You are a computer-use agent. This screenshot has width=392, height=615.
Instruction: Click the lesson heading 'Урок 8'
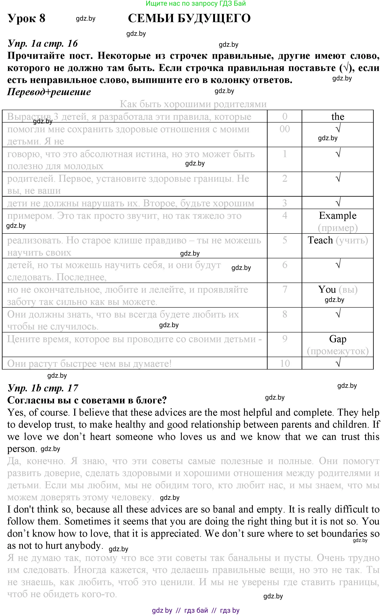(x=26, y=18)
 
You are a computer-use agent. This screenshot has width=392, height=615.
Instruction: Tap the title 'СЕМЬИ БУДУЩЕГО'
(x=189, y=18)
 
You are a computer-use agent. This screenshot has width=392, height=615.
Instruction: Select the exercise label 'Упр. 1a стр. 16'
(x=43, y=44)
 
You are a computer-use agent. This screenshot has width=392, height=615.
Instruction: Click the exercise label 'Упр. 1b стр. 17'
(x=43, y=388)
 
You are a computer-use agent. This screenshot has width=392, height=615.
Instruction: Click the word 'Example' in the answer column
(x=337, y=216)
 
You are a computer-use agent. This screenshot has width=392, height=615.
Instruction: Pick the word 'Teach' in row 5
(x=320, y=240)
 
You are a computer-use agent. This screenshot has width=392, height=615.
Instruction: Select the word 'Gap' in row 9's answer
(x=337, y=339)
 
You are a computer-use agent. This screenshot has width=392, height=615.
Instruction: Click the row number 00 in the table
(x=284, y=129)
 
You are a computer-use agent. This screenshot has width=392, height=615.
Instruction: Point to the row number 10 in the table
(x=285, y=363)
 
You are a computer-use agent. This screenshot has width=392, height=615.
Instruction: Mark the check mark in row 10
(x=338, y=363)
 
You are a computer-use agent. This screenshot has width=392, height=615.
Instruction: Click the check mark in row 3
(x=338, y=203)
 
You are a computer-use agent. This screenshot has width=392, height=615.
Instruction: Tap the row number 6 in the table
(x=285, y=265)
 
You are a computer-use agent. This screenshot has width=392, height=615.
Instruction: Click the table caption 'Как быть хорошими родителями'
(x=193, y=104)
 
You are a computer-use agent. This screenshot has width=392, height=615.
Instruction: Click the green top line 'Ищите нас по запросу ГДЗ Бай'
(x=196, y=3)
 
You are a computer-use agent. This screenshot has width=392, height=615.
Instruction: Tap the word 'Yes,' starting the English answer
(x=16, y=413)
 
